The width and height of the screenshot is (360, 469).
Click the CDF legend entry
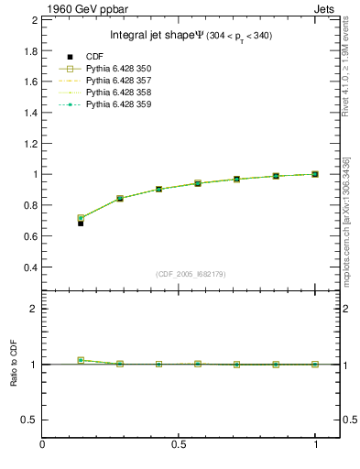click(x=99, y=57)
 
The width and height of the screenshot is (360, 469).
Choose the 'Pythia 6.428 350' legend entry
click(x=119, y=69)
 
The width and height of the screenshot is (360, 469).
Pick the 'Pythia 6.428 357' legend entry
click(x=119, y=81)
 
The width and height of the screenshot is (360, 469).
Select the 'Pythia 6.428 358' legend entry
click(x=119, y=93)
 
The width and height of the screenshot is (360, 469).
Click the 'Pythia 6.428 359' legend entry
click(x=119, y=104)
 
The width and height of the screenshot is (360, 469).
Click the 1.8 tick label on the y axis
click(x=29, y=49)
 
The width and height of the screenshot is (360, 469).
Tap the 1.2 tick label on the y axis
click(x=29, y=143)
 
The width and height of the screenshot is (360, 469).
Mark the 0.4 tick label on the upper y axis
click(x=29, y=267)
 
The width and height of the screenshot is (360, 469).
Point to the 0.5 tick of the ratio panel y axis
click(x=29, y=420)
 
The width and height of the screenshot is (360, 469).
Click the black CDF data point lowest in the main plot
click(x=81, y=223)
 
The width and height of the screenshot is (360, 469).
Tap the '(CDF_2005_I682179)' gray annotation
click(x=178, y=273)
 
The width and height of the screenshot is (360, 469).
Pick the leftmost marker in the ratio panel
click(x=81, y=360)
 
